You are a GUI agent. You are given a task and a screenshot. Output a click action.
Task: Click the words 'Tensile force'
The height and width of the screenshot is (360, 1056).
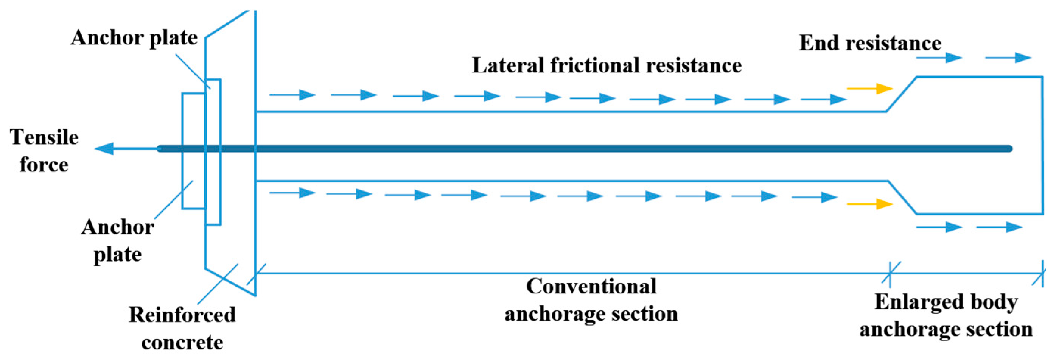44,151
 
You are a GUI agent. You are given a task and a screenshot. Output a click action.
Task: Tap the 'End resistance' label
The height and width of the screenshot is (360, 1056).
870,43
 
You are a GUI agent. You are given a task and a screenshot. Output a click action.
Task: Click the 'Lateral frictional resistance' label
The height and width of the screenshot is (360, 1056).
607,65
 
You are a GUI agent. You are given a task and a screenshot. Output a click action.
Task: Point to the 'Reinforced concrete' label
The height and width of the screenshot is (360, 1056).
182,329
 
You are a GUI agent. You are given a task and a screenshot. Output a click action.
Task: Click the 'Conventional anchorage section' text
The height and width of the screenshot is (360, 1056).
591,300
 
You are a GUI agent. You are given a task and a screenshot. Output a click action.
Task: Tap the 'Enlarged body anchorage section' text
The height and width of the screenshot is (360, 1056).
946,315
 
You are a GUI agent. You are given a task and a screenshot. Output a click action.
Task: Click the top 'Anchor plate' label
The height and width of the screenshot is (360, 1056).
134,38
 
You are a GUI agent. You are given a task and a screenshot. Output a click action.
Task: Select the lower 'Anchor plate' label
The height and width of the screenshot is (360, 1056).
118,240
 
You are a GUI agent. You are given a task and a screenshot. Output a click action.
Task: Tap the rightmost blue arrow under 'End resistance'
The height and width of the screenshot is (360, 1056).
1008,58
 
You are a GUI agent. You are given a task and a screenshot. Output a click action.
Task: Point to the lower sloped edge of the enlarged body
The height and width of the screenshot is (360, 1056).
902,197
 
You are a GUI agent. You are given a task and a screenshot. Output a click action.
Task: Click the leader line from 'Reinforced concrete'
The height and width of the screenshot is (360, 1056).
217,284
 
